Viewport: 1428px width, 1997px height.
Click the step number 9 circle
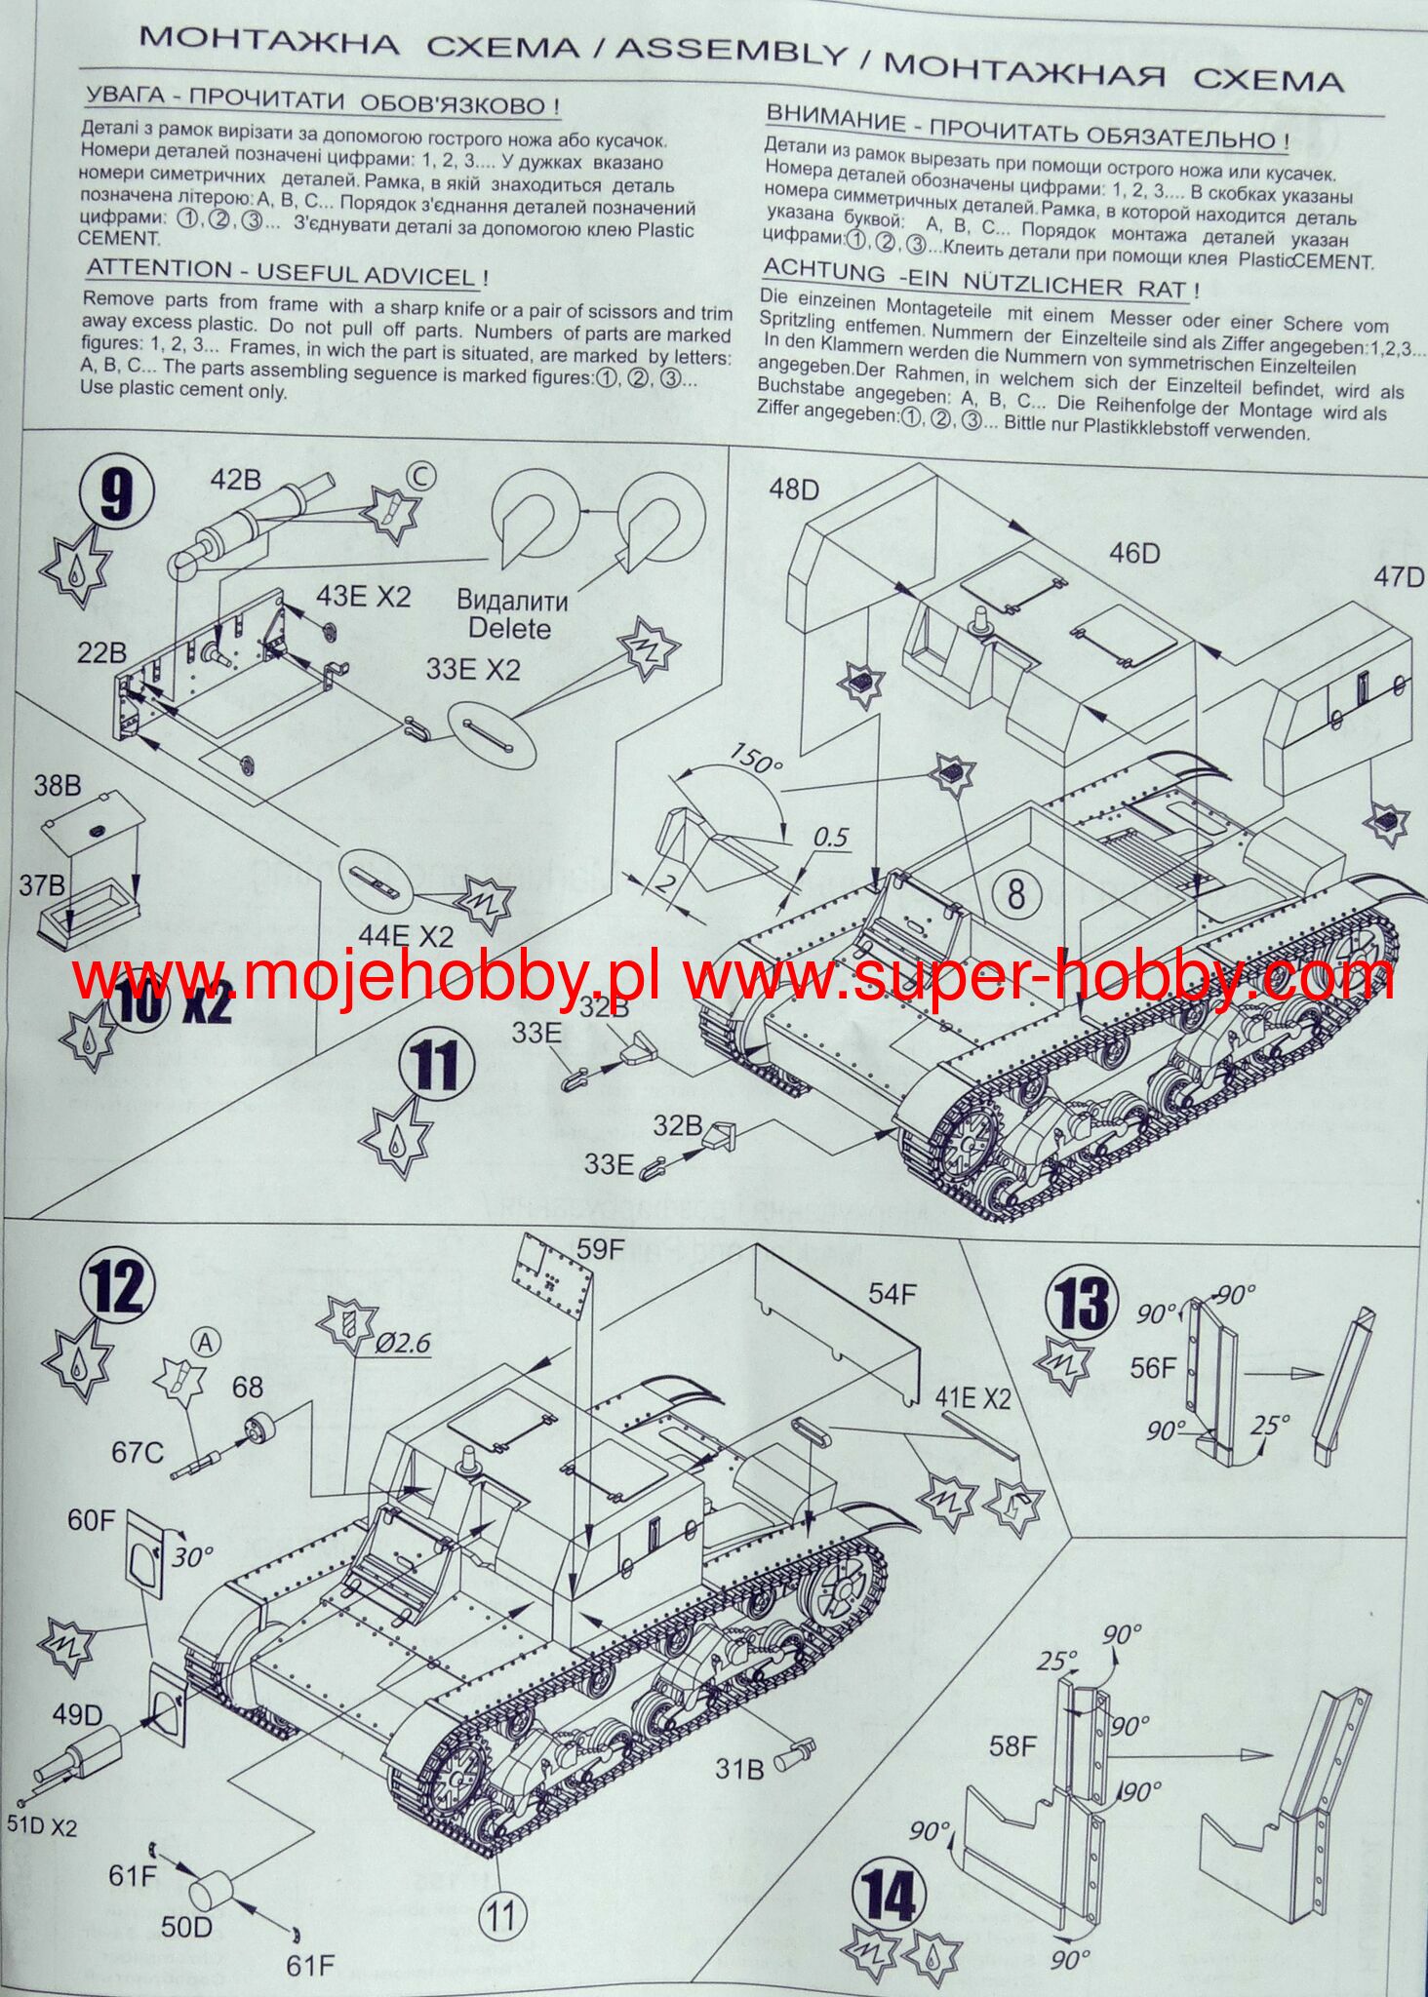coord(116,496)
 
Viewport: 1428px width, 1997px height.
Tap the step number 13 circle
coord(1082,1306)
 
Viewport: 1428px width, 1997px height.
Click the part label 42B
coord(237,479)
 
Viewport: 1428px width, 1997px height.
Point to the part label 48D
coord(794,489)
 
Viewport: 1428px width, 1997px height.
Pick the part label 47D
coord(1399,577)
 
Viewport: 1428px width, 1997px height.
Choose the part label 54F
coord(892,1294)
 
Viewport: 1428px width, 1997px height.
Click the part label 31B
coord(738,1768)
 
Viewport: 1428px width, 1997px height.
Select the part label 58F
coord(1012,1745)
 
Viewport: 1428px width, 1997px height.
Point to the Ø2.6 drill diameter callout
coord(402,1343)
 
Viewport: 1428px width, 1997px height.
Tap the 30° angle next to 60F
coord(191,1557)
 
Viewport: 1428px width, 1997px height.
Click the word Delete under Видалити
coord(509,628)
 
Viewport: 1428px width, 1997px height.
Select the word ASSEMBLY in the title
coord(731,51)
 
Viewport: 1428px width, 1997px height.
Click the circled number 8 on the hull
coord(1015,892)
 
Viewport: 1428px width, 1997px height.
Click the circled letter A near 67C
coord(205,1343)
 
